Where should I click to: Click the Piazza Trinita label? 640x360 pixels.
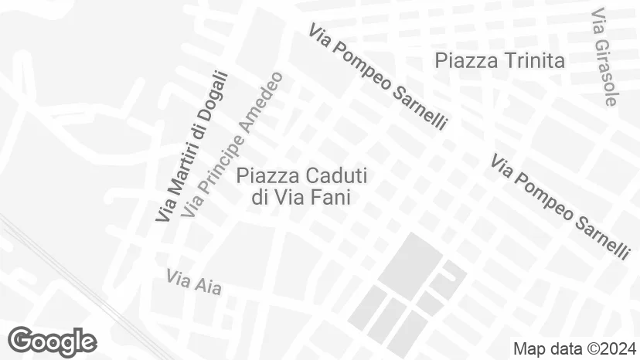[x=500, y=60]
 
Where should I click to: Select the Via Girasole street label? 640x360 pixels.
[x=604, y=58]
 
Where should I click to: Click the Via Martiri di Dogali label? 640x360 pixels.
[x=192, y=147]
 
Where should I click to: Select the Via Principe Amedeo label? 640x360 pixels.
[x=234, y=144]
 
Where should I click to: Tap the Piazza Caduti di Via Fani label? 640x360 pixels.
[x=301, y=186]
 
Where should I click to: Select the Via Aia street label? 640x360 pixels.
[x=193, y=282]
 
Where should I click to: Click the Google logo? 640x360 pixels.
[x=52, y=341]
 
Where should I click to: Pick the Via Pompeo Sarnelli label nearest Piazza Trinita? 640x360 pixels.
[x=377, y=76]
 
